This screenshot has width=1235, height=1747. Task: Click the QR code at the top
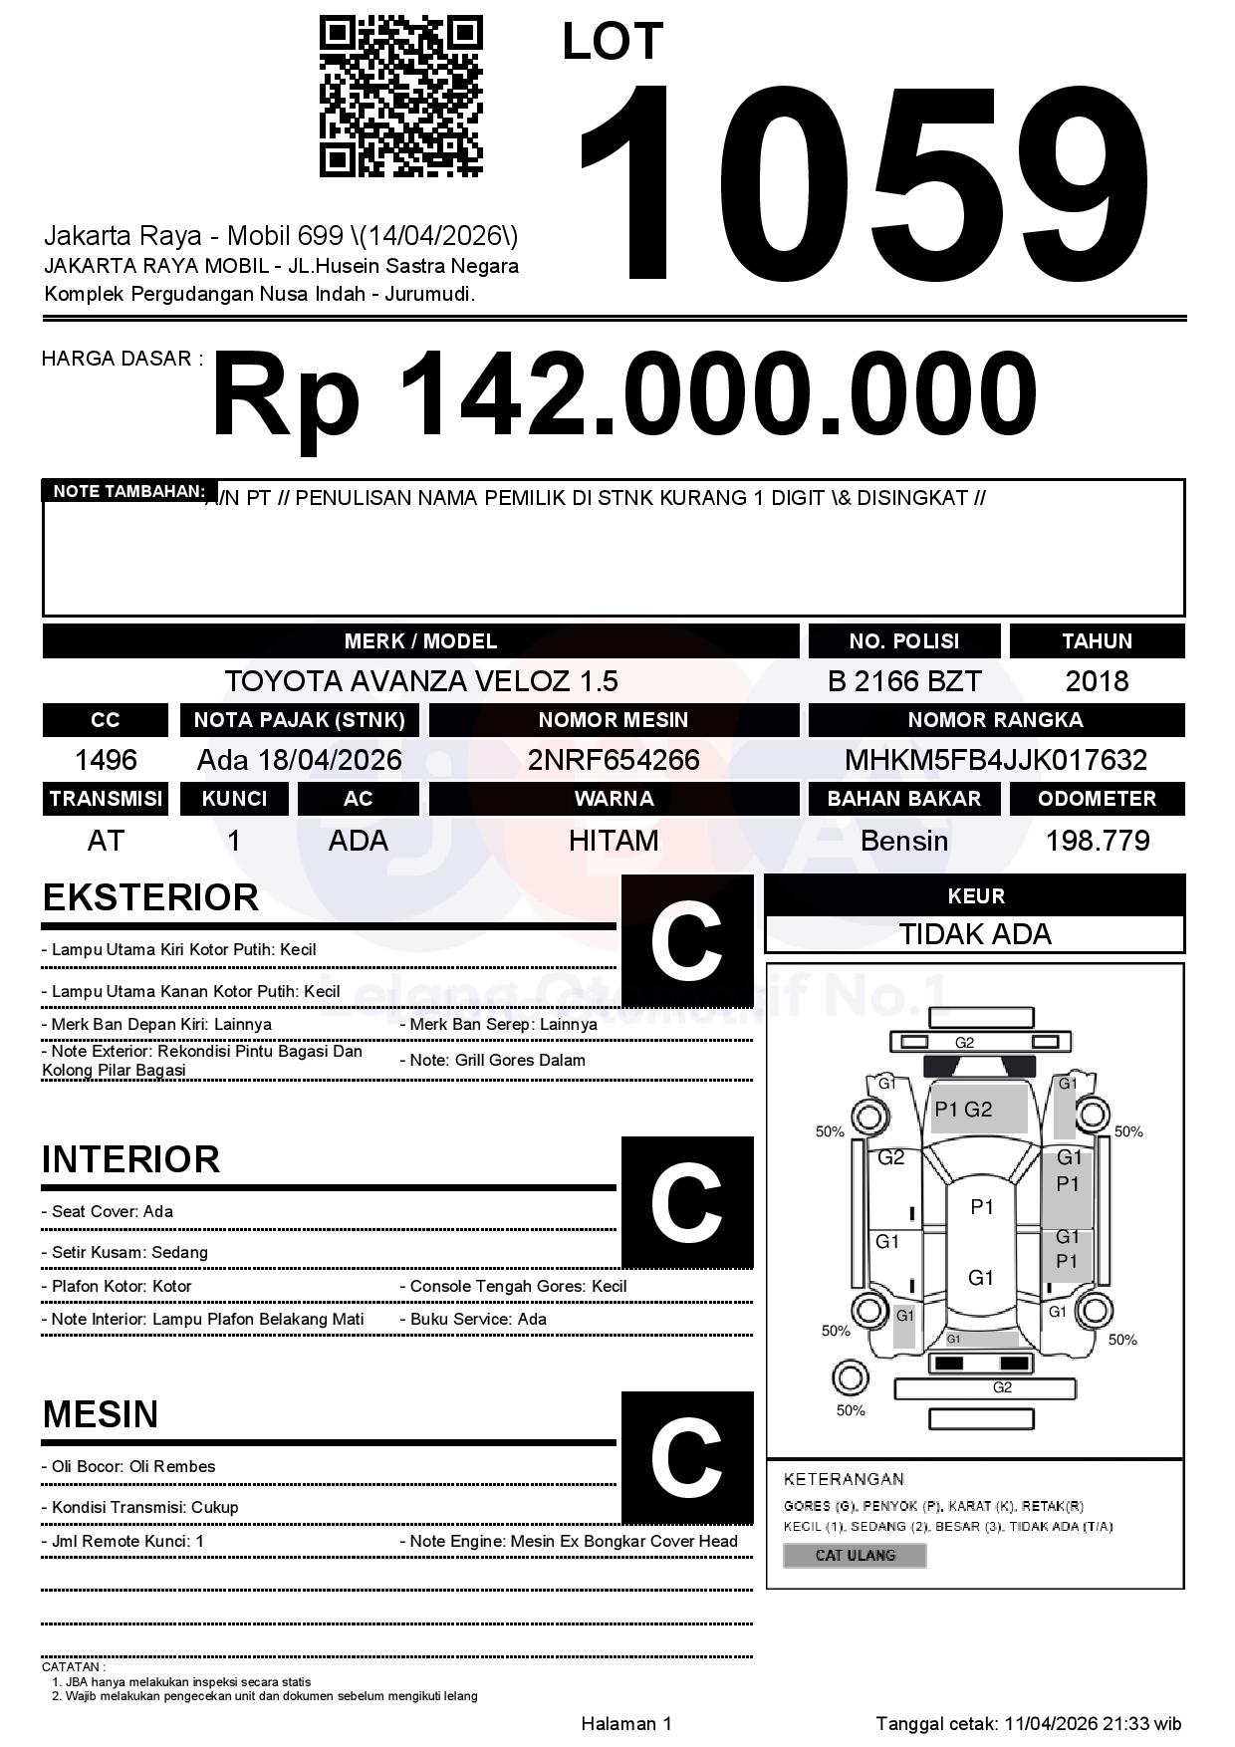point(400,97)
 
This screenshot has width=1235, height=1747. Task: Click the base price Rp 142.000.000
point(623,395)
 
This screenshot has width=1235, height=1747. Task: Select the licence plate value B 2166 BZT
point(903,681)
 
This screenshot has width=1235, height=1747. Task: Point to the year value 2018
point(1097,681)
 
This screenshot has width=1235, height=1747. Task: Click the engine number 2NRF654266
point(614,760)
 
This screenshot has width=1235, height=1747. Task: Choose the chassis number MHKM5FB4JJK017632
point(995,760)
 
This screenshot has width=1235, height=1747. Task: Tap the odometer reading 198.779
point(1097,841)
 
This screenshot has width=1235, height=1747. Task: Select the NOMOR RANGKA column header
point(995,720)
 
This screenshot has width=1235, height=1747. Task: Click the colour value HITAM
point(614,841)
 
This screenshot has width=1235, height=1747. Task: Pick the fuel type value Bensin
point(903,841)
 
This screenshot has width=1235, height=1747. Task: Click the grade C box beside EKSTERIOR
point(686,941)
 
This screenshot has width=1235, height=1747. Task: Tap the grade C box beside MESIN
point(686,1457)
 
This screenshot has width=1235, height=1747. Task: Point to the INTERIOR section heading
point(130,1159)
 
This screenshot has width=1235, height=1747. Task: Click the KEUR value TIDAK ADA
point(975,934)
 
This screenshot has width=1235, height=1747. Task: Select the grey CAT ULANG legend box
point(855,1555)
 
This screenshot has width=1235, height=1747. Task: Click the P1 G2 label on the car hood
point(963,1110)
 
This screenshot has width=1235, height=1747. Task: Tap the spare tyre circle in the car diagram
point(850,1378)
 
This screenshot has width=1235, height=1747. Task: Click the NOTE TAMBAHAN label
point(128,491)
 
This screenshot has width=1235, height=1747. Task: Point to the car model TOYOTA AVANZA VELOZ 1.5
point(420,681)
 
